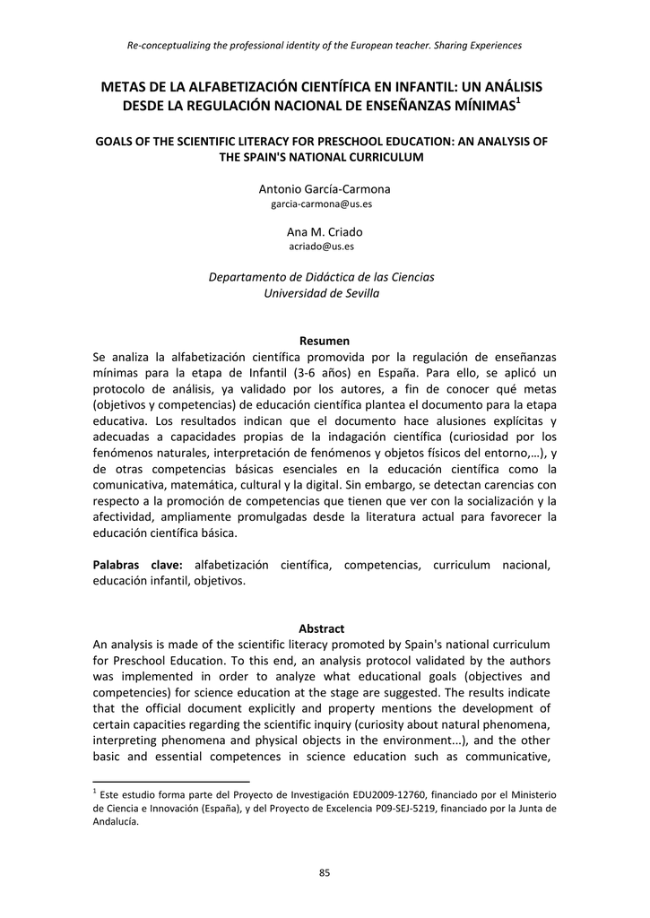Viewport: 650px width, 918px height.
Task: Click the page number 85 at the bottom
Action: coord(325,874)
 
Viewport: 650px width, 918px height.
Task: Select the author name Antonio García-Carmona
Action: coord(325,189)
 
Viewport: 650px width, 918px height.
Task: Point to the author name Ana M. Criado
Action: coord(325,231)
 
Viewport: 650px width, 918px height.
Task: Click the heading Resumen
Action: coord(324,341)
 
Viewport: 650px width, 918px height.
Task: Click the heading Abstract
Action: coord(324,628)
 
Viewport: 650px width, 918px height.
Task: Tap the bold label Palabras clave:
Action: coord(138,565)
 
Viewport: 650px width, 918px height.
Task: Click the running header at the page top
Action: coord(325,44)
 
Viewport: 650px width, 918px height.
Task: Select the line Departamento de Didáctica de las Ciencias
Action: coord(321,277)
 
